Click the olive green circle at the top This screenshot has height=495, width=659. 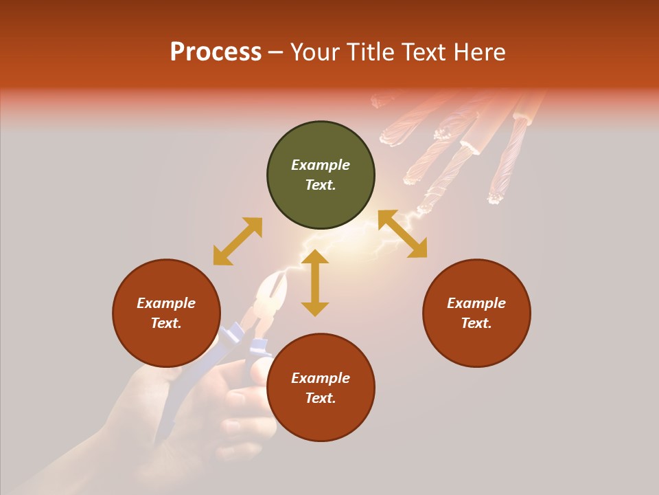(321, 175)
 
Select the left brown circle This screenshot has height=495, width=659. (166, 313)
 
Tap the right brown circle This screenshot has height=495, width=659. (476, 313)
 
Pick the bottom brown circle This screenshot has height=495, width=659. (321, 388)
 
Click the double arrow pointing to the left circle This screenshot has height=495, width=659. (238, 241)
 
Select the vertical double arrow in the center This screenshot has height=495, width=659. (315, 283)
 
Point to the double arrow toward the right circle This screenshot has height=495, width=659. (402, 234)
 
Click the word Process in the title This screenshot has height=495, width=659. (216, 52)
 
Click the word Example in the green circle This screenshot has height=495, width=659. (321, 165)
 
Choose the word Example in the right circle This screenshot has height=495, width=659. (476, 303)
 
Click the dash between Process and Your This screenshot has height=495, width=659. (276, 53)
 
